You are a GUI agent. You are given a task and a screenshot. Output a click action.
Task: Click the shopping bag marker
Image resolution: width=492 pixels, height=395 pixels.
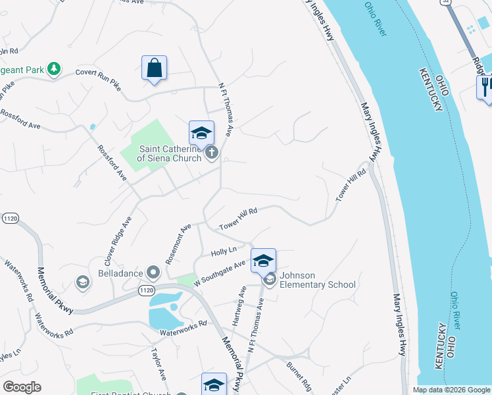click(x=154, y=68)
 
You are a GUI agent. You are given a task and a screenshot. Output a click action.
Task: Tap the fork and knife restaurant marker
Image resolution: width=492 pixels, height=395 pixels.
click(x=486, y=87)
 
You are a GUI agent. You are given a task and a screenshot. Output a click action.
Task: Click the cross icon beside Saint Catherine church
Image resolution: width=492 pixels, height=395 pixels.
click(x=212, y=153)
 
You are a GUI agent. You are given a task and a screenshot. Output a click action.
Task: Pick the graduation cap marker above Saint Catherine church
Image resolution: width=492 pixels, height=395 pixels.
click(x=201, y=134)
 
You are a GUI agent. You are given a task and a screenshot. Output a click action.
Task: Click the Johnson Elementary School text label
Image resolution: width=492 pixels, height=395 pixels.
click(x=318, y=280)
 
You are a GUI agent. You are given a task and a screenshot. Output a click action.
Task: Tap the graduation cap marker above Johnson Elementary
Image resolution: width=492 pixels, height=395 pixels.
click(x=263, y=261)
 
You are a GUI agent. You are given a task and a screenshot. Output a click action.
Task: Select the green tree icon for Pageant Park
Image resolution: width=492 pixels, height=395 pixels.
click(x=54, y=68)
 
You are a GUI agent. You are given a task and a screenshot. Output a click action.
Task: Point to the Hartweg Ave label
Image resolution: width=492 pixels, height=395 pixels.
click(x=239, y=301)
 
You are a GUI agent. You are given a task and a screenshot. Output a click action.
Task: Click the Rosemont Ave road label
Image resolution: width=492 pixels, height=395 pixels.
click(x=178, y=244)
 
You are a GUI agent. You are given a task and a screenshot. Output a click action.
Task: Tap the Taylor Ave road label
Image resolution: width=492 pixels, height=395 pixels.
click(x=160, y=363)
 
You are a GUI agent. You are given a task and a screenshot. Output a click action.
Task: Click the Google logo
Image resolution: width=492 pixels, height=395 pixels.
click(x=22, y=387)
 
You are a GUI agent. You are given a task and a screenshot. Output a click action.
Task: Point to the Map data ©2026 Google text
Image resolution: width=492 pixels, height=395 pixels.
click(x=451, y=390)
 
